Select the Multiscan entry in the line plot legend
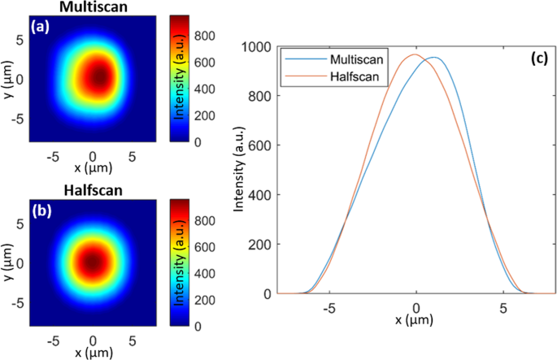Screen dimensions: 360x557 click(359, 59)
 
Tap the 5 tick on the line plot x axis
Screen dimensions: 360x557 click(503, 309)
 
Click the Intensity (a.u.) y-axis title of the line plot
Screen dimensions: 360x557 click(241, 169)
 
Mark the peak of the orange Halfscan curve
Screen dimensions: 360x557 click(414, 54)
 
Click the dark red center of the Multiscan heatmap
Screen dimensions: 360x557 click(99, 76)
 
